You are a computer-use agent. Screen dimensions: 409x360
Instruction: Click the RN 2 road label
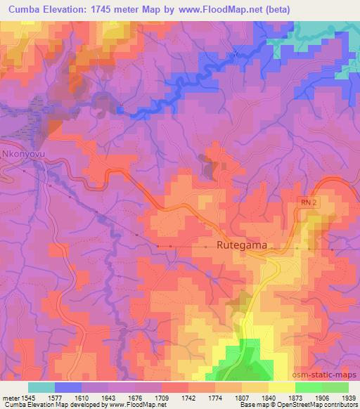[301, 202]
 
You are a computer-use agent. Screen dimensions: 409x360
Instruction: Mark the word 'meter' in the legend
[10, 398]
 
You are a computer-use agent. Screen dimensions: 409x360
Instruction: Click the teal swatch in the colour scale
[41, 387]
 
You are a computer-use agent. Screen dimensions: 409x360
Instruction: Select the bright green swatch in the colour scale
[307, 387]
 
